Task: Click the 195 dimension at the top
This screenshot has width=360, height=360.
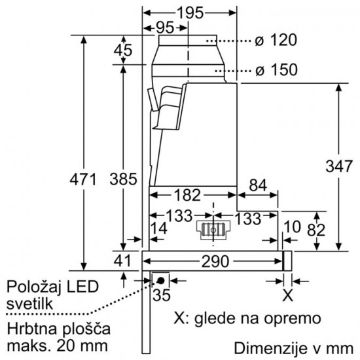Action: [190, 12]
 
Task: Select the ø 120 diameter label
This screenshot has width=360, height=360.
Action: [276, 40]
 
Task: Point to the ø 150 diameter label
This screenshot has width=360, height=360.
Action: [276, 69]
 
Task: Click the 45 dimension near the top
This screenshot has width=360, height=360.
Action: [123, 50]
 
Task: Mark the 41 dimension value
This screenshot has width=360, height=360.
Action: [123, 260]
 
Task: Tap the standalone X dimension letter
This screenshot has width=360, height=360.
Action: [285, 295]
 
